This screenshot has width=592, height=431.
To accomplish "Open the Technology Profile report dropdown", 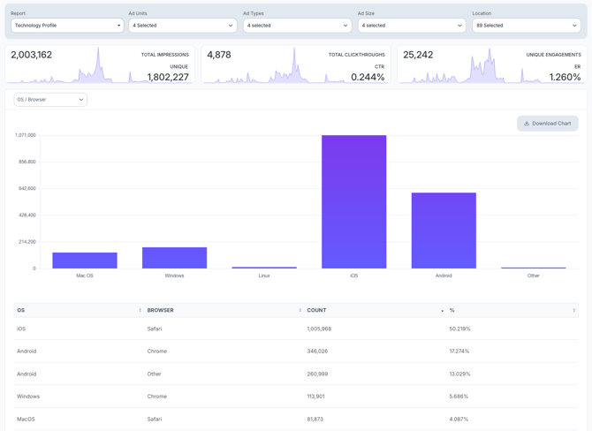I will [67, 26].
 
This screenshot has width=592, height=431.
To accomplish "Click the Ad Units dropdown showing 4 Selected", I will [182, 26].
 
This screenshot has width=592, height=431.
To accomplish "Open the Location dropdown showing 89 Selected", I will [526, 26].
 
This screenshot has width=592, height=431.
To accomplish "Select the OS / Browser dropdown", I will [50, 100].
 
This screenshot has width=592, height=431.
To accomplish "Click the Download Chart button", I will [548, 124].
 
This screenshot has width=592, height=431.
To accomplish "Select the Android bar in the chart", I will [444, 231].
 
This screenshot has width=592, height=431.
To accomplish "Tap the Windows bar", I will [174, 258].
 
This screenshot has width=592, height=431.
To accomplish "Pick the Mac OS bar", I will [85, 261].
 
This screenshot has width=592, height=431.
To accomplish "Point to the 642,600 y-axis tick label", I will [24, 188].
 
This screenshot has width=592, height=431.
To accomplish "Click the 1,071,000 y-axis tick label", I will [25, 135].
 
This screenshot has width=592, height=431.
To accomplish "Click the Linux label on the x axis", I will [264, 276].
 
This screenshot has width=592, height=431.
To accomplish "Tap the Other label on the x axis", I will [533, 276].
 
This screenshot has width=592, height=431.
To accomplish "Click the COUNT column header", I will [317, 310].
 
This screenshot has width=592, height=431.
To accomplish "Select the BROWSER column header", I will [161, 310].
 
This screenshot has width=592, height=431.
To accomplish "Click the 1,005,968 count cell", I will [319, 329].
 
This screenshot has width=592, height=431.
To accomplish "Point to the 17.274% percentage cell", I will [459, 351].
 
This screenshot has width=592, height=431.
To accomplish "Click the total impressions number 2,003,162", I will [32, 55].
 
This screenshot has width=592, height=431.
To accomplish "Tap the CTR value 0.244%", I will [368, 77].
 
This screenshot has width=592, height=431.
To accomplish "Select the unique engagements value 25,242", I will [418, 55].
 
